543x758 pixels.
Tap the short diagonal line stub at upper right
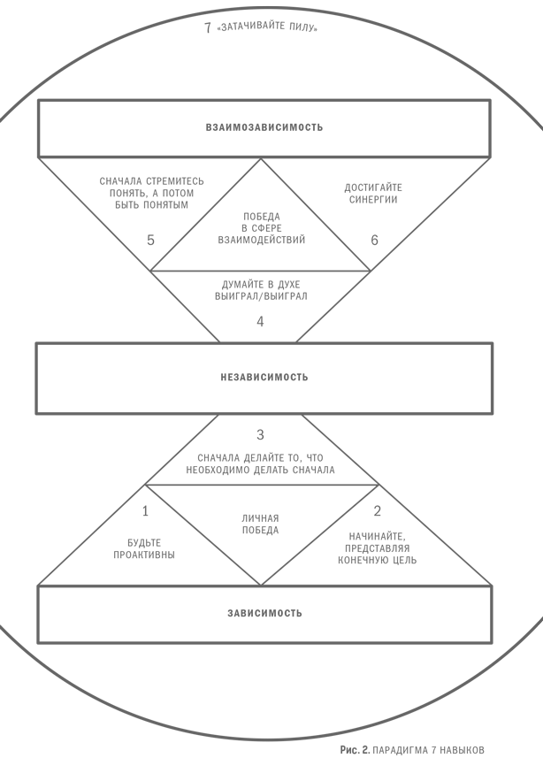click(539, 126)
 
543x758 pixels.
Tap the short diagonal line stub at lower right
click(539, 623)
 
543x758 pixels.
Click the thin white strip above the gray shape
click(271, 3)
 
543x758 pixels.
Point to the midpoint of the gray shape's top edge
click(269, 7)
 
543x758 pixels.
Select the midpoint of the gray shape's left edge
click(1, 380)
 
